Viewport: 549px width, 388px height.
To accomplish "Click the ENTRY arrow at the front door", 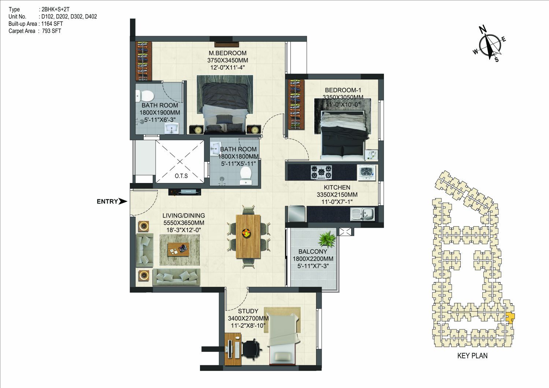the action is (123, 201).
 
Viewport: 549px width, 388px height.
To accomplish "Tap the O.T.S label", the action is (181, 176).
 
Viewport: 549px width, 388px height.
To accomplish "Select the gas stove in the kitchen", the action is (321, 172).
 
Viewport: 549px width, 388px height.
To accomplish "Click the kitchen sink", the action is (363, 214).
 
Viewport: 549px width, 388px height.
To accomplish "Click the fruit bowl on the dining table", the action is (246, 232).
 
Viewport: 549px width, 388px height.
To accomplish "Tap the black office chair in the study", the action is (252, 349).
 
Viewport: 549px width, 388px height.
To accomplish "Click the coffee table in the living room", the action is (178, 249).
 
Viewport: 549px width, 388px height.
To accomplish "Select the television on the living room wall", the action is (185, 192).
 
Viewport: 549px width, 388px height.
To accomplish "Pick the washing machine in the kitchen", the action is (367, 173).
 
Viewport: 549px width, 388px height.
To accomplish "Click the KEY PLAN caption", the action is (472, 356).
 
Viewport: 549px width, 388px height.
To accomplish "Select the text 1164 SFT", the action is (52, 24).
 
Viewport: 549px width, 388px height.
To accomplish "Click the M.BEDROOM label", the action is (227, 53).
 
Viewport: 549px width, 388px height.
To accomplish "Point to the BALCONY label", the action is (313, 251).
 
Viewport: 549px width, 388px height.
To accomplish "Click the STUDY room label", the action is (248, 311).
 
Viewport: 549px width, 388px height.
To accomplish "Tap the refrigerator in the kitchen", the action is (297, 214).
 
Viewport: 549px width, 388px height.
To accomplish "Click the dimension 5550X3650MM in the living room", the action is (184, 223).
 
